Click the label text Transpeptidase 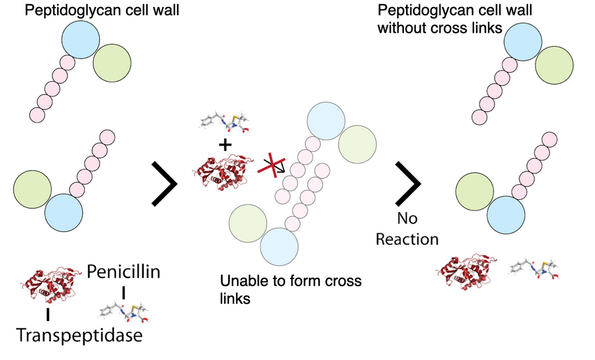tap(79, 336)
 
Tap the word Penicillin tap(124, 273)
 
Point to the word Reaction tap(409, 239)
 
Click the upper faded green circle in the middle tap(357, 145)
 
